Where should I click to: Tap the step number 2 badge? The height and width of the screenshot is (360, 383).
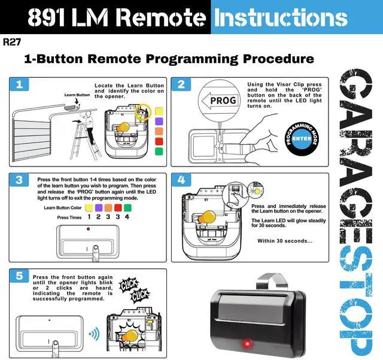click(x=181, y=84)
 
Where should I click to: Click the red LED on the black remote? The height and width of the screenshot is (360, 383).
click(x=245, y=343)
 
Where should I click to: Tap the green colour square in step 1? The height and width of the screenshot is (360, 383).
click(x=159, y=152)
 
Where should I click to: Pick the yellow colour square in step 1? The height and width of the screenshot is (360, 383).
click(x=159, y=111)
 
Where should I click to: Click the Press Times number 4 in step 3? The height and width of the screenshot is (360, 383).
click(x=127, y=217)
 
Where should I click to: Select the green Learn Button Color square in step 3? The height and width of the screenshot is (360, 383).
click(x=127, y=207)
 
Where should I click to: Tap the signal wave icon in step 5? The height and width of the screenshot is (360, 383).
click(x=94, y=334)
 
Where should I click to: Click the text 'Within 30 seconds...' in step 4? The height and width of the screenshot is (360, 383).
click(x=285, y=241)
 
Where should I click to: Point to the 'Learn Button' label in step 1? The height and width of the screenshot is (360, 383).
click(x=77, y=95)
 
